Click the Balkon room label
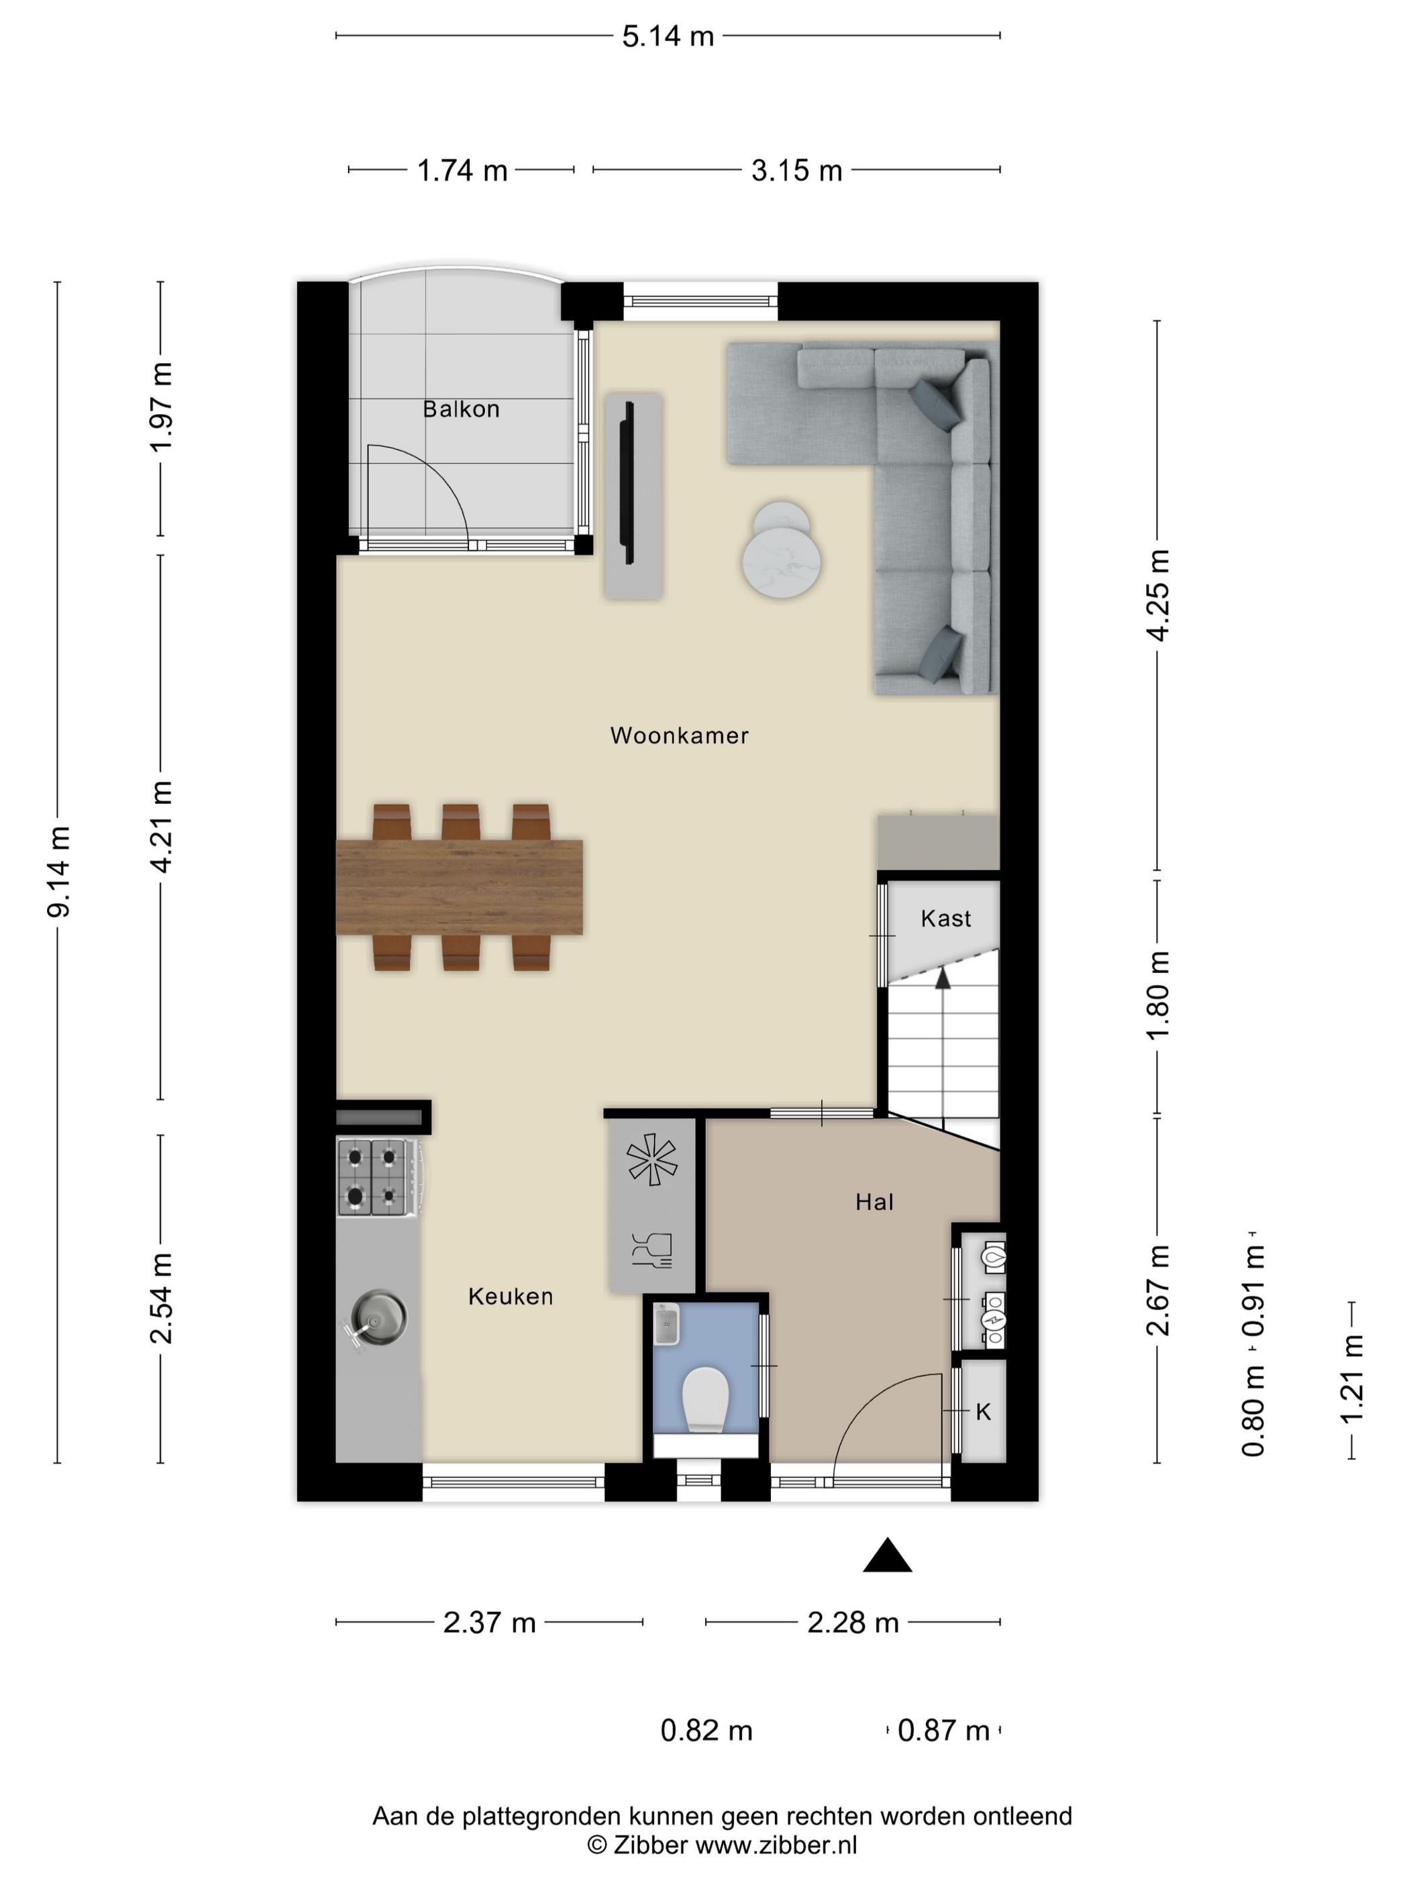(461, 409)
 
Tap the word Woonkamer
(680, 735)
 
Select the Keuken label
(511, 1297)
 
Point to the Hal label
(874, 1202)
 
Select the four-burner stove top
(373, 1176)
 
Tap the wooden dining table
(460, 887)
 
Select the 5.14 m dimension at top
(668, 36)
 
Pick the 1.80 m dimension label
(1159, 996)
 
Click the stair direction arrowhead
(942, 978)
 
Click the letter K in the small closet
(984, 1412)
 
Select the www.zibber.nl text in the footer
(776, 1845)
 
